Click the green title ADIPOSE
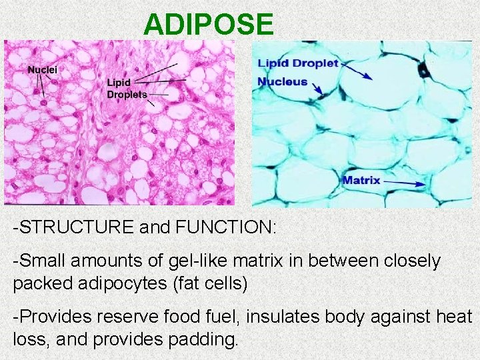pyautogui.click(x=209, y=25)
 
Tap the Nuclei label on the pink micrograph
pyautogui.click(x=42, y=69)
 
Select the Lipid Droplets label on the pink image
pyautogui.click(x=127, y=89)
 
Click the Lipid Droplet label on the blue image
pyautogui.click(x=298, y=64)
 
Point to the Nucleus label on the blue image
pyautogui.click(x=283, y=82)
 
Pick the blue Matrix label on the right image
pyautogui.click(x=361, y=180)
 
